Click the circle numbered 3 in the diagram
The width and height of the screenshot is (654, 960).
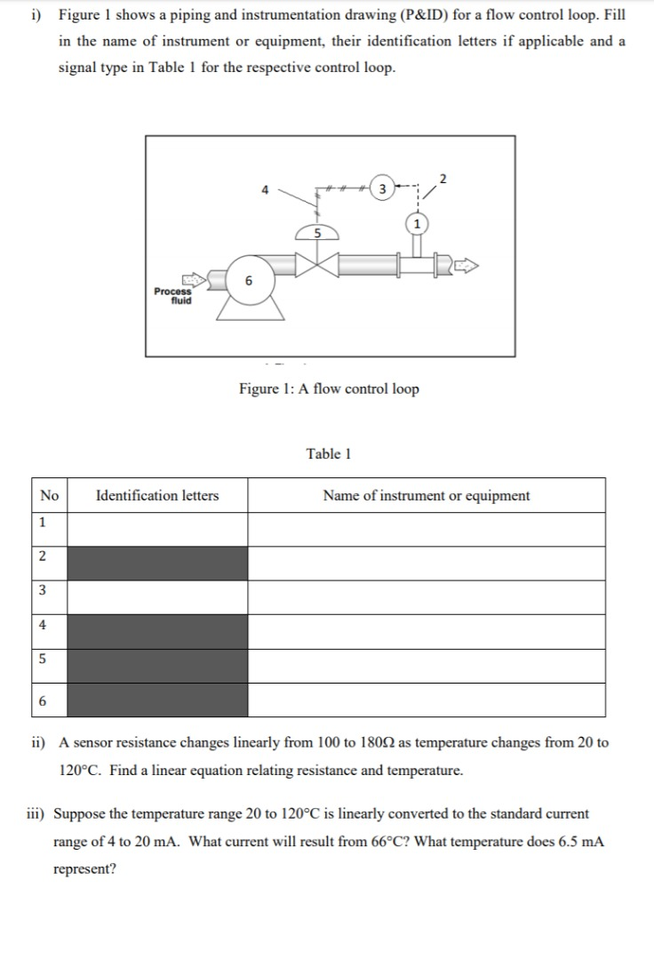coord(381,188)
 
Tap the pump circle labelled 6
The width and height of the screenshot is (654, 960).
coord(249,280)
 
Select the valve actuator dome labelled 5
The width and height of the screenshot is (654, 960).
coord(314,233)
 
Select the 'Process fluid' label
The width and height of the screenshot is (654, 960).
coord(172,296)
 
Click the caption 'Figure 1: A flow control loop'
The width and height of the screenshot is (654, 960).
coord(329,388)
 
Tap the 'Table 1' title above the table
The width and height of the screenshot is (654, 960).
coord(329,453)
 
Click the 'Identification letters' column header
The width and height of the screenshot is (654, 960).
coord(157,495)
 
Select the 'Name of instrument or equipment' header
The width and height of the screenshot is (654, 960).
coord(426,495)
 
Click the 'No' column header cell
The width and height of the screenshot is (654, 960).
coord(50,495)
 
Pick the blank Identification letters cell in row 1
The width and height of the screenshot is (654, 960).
coord(157,529)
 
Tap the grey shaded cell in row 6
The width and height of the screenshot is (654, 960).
coord(157,700)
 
